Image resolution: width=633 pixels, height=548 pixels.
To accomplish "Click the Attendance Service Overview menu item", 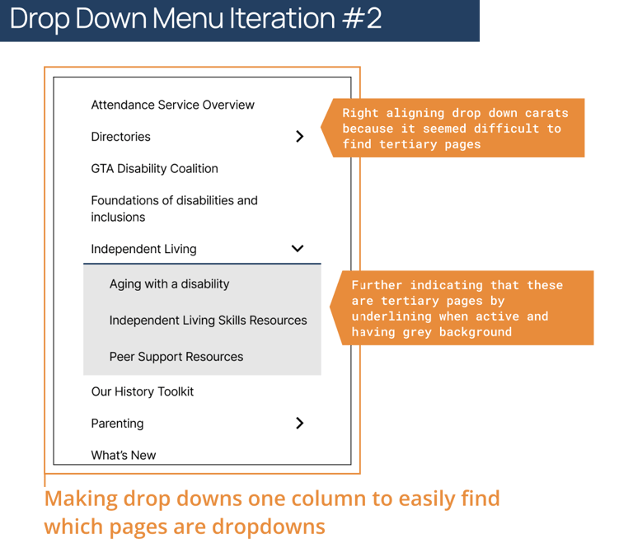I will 172,105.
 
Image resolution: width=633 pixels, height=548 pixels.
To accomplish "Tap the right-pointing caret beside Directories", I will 299,137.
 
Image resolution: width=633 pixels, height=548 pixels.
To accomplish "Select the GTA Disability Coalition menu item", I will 154,169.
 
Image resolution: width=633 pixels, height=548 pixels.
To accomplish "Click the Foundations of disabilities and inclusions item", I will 174,208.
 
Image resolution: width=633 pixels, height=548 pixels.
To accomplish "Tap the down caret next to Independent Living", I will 298,249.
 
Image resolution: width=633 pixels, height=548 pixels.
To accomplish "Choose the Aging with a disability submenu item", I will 169,284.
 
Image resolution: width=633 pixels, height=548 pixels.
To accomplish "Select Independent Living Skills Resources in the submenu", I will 208,321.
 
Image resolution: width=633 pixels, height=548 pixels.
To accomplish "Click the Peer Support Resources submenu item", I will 176,357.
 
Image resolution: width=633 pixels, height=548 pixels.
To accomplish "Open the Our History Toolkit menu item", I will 143,391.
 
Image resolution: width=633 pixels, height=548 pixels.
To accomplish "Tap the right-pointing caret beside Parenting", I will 299,424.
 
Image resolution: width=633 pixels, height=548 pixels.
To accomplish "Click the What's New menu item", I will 124,455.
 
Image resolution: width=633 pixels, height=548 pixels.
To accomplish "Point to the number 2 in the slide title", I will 373,18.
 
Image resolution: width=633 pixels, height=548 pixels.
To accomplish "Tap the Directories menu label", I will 120,137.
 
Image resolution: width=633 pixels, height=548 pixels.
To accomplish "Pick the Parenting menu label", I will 117,424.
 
